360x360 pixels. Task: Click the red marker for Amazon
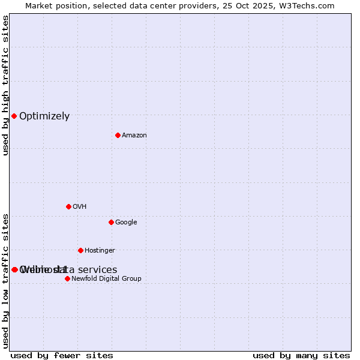(118, 135)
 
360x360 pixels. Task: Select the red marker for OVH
(68, 206)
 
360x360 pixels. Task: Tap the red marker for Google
(111, 222)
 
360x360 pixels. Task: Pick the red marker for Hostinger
(80, 250)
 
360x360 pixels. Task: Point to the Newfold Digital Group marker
(67, 278)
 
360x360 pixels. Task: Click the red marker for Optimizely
(14, 116)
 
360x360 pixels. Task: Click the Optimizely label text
(44, 116)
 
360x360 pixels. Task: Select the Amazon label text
(134, 136)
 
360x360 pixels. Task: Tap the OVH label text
(80, 207)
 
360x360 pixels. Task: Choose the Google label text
(126, 223)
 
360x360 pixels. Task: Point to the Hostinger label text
(100, 251)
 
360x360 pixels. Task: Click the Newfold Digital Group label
(106, 279)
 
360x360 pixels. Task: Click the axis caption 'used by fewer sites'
(62, 356)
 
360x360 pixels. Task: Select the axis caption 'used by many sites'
(301, 356)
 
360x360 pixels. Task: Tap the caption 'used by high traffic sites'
(6, 85)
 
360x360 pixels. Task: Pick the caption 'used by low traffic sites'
(6, 280)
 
